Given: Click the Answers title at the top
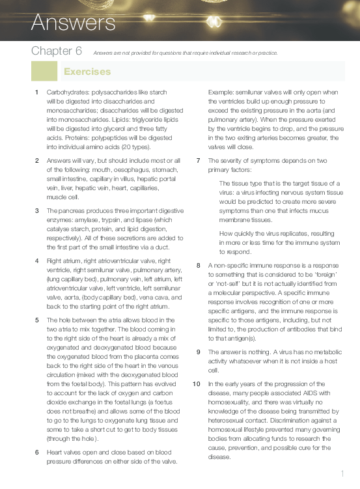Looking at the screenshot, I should click(x=73, y=23).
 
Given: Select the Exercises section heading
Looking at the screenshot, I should click(x=87, y=72).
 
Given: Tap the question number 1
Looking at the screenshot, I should click(x=36, y=92).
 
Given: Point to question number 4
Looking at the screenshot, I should click(x=36, y=261).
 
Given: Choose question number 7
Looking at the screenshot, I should click(x=198, y=160).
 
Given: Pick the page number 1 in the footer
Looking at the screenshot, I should click(x=342, y=473).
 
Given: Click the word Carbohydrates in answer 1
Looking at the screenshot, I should click(x=68, y=92).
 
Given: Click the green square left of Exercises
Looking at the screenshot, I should click(x=44, y=71).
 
